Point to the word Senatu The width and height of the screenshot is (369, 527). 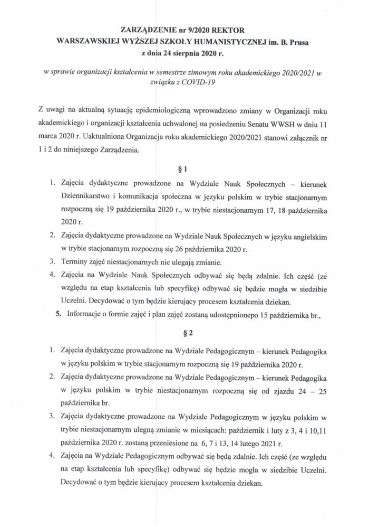[x=260, y=125]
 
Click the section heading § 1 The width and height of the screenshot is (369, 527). [x=184, y=169]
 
